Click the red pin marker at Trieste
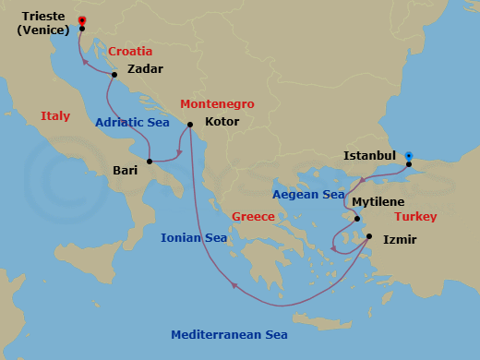pos(82,20)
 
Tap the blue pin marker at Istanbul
pos(409,156)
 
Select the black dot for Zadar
pos(114,75)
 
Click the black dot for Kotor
pos(189,125)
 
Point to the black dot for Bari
pos(150,161)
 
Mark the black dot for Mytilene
pos(356,219)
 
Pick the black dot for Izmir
pos(368,237)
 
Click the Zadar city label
pos(146,69)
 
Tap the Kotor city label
pos(222,122)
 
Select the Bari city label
pos(126,171)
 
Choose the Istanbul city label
pos(369,156)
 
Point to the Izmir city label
pos(401,240)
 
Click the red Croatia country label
pos(130,52)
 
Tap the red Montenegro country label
pos(217,104)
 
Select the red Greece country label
pos(254,217)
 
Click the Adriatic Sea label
pos(134,122)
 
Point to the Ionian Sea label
pos(194,238)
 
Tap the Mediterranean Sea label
pos(229,335)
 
